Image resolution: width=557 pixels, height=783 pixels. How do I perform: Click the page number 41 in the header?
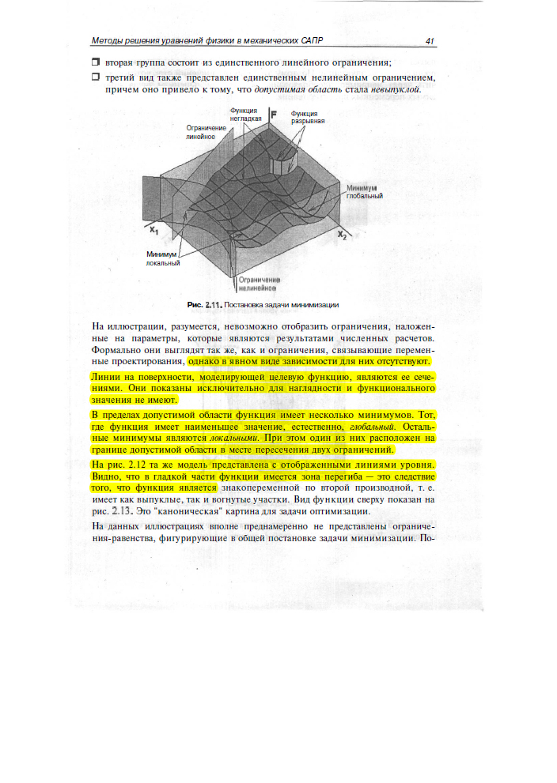[x=430, y=41]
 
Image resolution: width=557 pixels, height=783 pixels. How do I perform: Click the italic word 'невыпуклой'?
[x=396, y=89]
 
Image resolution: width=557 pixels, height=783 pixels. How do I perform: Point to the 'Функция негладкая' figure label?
[x=245, y=115]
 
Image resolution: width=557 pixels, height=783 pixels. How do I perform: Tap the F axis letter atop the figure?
[x=273, y=115]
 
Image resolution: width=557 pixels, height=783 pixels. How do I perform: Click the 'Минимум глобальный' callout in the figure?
[x=364, y=192]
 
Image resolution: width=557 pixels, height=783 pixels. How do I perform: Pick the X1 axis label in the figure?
[x=155, y=230]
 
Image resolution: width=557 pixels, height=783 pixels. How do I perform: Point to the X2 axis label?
[x=342, y=235]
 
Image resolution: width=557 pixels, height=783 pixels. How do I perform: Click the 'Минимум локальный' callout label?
[x=162, y=258]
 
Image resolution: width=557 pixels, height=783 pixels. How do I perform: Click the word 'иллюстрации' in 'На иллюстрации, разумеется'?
[x=135, y=326]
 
